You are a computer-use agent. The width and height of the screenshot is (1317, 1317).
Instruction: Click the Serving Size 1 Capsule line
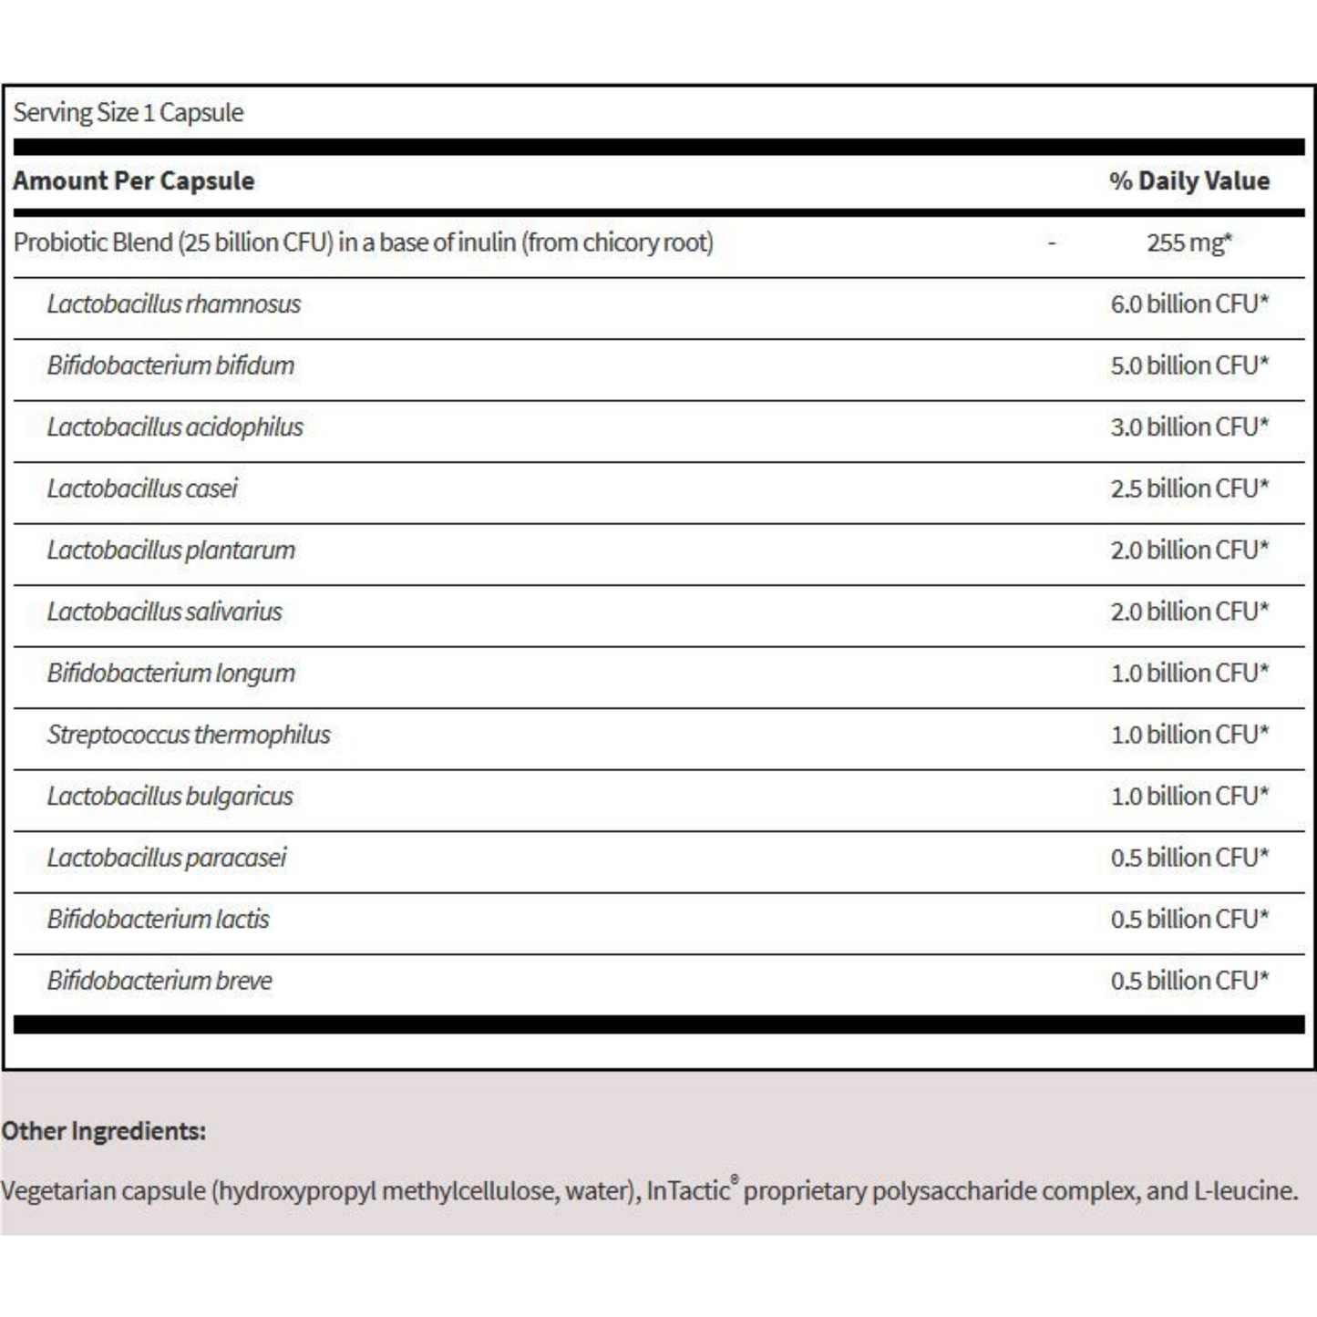129,113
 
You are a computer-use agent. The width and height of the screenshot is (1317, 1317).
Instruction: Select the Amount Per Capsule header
134,180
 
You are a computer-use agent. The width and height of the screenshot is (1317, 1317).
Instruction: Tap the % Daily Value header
1189,180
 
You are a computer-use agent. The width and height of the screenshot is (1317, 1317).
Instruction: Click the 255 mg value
1188,242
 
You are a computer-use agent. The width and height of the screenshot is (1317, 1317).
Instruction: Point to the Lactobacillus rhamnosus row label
174,304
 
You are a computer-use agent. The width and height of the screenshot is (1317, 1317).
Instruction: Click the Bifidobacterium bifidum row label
171,365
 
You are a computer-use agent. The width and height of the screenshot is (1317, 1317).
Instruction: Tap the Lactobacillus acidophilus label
175,427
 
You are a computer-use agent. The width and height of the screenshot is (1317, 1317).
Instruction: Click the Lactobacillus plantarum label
171,550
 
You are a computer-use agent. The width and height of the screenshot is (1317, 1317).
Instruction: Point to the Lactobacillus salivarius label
165,612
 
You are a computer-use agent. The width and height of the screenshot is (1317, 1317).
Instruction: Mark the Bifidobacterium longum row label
171,674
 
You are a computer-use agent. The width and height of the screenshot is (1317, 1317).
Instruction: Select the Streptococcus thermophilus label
189,735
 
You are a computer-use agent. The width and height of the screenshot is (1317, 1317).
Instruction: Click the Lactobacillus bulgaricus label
170,797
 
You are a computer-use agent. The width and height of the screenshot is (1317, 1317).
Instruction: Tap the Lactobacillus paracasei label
167,858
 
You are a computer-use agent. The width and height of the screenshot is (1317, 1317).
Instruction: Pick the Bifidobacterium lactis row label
159,920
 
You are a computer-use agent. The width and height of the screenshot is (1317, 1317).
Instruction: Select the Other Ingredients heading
104,1131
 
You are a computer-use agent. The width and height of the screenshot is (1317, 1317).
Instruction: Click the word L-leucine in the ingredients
1245,1190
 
